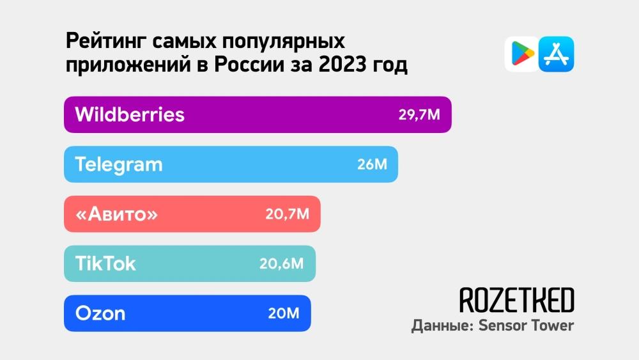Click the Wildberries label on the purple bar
pos(130,114)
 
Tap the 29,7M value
pos(420,115)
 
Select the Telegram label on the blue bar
pos(119,164)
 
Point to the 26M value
pos(373,164)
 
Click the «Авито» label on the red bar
pos(116,214)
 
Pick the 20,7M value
pos(287,214)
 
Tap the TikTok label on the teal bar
pos(105,263)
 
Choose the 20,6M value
pos(281,263)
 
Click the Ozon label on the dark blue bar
pos(100,313)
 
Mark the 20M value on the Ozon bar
pos(284,313)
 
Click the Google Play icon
pos(521,54)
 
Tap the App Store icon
pos(557,54)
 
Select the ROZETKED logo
pos(516,300)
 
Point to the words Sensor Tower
pos(528,325)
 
